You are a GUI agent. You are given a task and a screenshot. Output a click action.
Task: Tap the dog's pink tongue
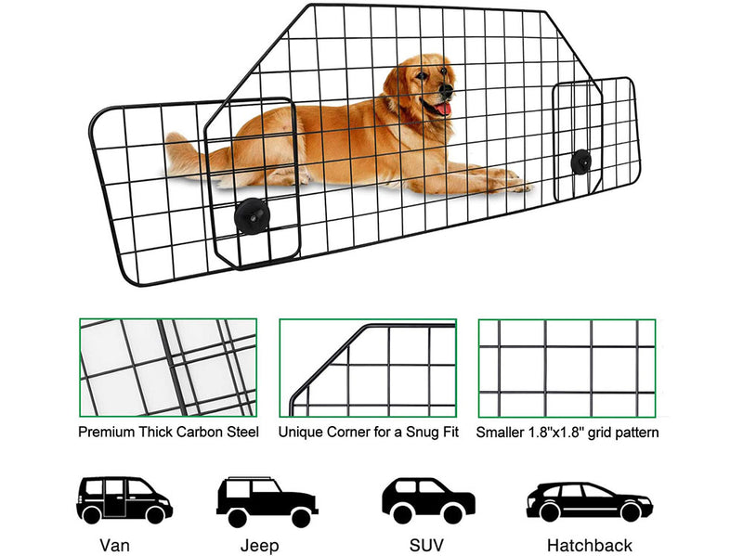click(442, 110)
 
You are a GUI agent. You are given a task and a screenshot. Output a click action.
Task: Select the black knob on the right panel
click(581, 160)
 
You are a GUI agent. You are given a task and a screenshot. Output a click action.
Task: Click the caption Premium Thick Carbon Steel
click(168, 432)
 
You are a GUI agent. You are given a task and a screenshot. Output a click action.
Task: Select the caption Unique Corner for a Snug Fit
click(368, 432)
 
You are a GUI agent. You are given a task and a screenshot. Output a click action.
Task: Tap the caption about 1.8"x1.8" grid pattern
click(567, 432)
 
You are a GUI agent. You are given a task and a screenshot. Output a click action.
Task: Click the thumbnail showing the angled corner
click(368, 369)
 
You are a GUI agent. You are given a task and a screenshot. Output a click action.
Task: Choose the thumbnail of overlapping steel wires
click(168, 369)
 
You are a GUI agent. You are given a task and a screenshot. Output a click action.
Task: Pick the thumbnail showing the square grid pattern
click(567, 369)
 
